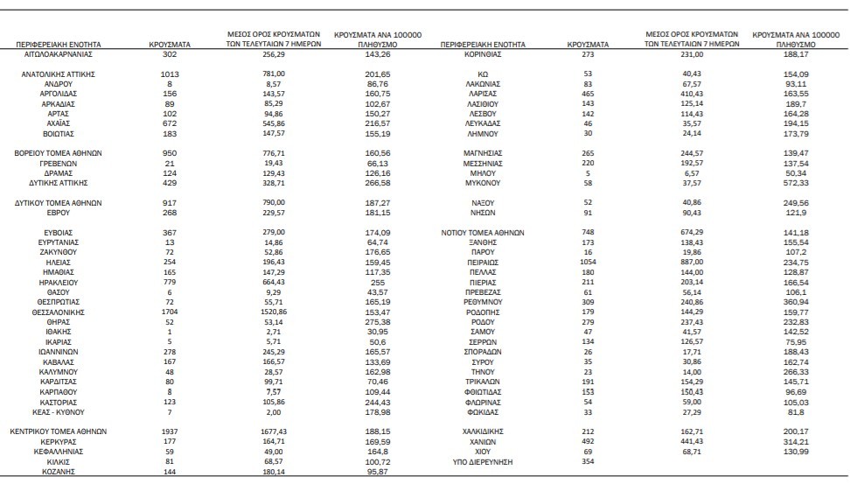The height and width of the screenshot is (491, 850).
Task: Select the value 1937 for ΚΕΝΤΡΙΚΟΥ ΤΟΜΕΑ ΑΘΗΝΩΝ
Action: (x=170, y=431)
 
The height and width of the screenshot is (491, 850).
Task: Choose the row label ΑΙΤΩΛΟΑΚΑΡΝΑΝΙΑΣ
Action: (x=59, y=53)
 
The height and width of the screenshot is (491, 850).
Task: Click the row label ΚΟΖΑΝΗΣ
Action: (x=59, y=471)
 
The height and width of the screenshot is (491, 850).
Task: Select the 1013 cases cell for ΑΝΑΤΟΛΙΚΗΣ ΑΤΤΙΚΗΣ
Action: (x=170, y=74)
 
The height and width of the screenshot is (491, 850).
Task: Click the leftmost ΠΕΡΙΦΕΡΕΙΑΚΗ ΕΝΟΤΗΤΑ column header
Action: (x=59, y=43)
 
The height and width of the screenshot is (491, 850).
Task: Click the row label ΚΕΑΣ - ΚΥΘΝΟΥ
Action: (x=59, y=411)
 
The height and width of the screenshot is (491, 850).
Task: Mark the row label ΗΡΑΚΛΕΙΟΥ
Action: (x=59, y=282)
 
